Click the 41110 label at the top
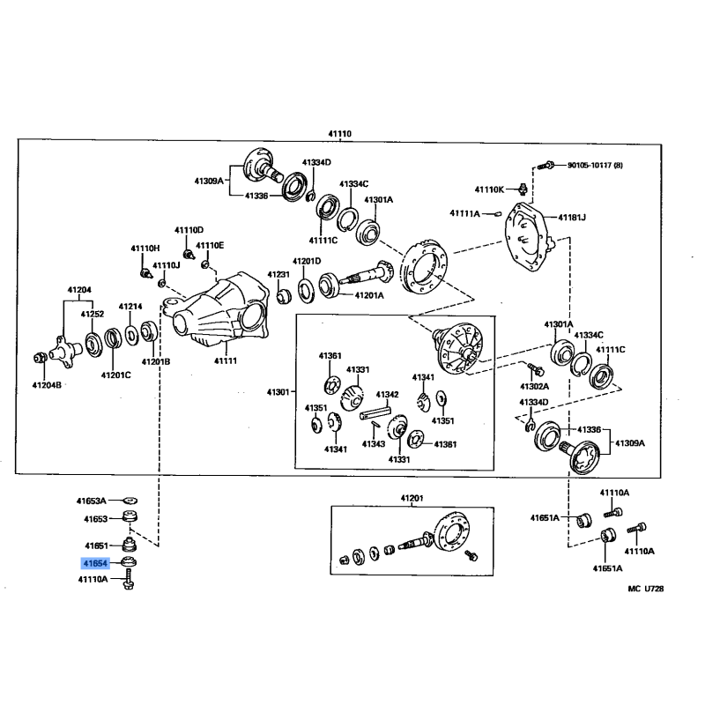[x=339, y=133]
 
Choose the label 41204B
[x=47, y=384]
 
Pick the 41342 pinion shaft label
[x=388, y=394]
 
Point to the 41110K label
[x=489, y=189]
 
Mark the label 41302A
[x=534, y=386]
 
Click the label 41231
[x=280, y=275]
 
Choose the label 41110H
[x=145, y=249]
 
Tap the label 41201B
[x=156, y=361]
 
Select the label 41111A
[x=464, y=212]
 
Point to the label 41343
[x=374, y=443]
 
